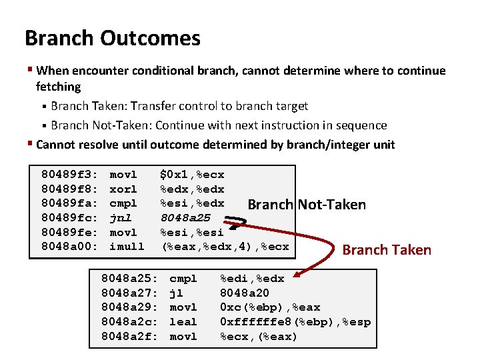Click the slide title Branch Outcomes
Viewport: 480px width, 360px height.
[112, 38]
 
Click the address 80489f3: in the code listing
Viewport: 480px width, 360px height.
[70, 175]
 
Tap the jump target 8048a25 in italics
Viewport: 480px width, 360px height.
[185, 217]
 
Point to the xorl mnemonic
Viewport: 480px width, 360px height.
[123, 189]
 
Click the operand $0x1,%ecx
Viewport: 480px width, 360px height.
[192, 175]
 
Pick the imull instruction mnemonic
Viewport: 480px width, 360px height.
[127, 246]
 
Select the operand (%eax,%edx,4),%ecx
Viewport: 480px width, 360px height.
[225, 246]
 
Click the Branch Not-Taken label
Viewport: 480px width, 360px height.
[307, 205]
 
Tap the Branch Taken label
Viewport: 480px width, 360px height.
[387, 250]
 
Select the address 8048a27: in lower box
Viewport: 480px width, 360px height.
[129, 293]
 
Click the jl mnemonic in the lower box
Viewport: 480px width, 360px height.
[177, 293]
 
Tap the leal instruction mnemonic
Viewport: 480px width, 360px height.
[183, 322]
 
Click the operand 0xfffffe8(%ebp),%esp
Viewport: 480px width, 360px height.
[295, 322]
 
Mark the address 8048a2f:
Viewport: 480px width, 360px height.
[129, 337]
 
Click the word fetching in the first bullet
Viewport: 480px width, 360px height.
[58, 86]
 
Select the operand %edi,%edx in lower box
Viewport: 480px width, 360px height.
[252, 278]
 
